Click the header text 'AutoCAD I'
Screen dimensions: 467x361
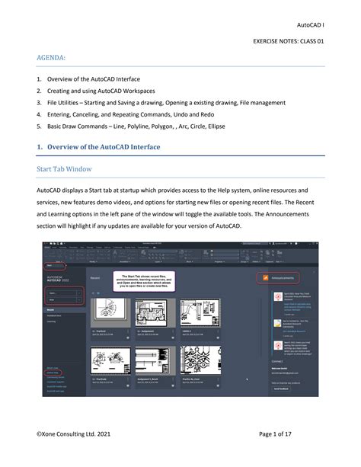(310, 24)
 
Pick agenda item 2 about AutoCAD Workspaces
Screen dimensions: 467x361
(110, 91)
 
